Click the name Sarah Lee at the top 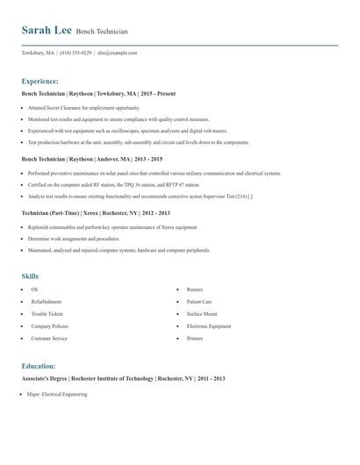tap(47, 30)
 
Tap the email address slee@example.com tap(118, 53)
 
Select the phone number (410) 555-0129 tap(76, 53)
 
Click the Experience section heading tap(40, 79)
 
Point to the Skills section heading tap(31, 275)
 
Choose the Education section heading tap(39, 365)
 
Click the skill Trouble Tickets tap(47, 313)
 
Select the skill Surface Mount tap(202, 313)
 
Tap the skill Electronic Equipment tap(209, 325)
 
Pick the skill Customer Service tap(49, 338)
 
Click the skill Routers tap(195, 289)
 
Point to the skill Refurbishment tap(47, 301)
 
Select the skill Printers tap(195, 338)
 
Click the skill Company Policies tap(49, 325)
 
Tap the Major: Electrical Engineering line tap(57, 395)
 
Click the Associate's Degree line tap(123, 378)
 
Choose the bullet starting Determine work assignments tap(74, 239)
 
